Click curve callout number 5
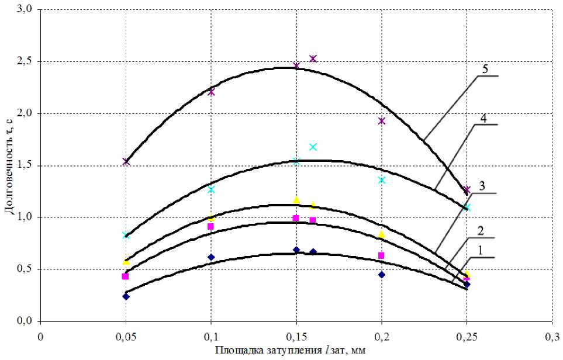click(x=485, y=68)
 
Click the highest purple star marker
click(x=313, y=58)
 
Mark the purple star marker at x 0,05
click(x=126, y=161)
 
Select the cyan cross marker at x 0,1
click(x=211, y=189)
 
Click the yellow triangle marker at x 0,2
click(x=382, y=234)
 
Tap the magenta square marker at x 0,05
click(x=125, y=276)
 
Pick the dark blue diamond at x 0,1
click(x=211, y=257)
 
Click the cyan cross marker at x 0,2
click(x=382, y=180)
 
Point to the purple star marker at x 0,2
click(x=382, y=121)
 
